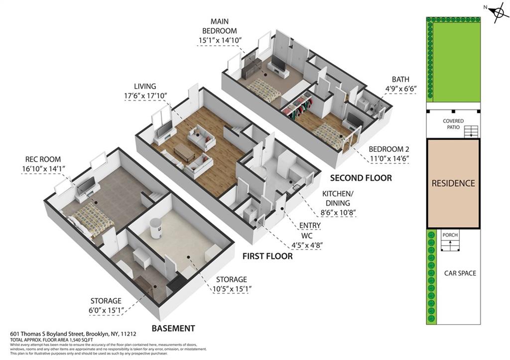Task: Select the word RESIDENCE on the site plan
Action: (x=453, y=183)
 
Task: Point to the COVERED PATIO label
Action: (x=453, y=124)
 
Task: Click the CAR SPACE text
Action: (x=460, y=273)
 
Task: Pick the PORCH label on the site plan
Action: (x=450, y=235)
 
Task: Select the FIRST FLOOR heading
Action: (x=267, y=256)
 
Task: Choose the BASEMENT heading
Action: (x=173, y=328)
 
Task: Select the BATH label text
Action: (x=400, y=79)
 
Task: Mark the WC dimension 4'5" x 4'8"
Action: (x=313, y=244)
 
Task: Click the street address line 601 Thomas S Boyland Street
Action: (x=73, y=334)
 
